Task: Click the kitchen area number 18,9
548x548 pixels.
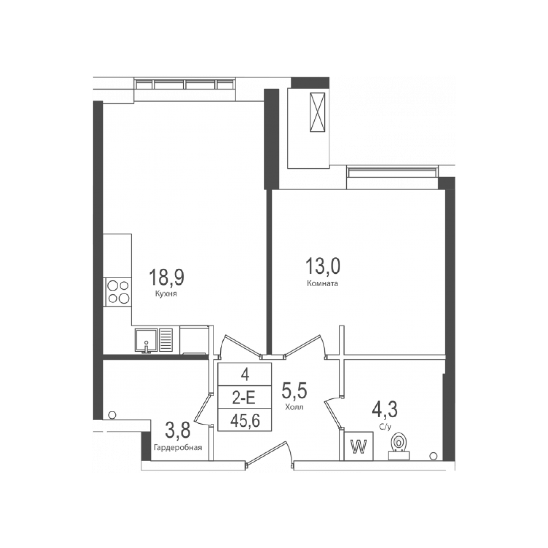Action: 166,277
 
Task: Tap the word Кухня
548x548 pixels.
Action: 166,294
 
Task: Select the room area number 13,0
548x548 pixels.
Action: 323,266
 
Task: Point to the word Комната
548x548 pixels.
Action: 323,283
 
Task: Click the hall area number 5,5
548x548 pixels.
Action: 294,390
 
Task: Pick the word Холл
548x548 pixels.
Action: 294,407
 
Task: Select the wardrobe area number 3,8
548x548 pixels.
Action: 178,430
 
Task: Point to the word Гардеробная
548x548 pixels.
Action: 178,447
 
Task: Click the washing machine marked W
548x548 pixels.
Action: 359,446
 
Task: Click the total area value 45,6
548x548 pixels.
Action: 245,421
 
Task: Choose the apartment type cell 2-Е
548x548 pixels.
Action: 245,397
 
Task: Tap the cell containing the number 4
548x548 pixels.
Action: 245,374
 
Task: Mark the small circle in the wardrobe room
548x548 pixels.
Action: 112,415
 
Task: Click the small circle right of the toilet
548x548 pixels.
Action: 433,456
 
